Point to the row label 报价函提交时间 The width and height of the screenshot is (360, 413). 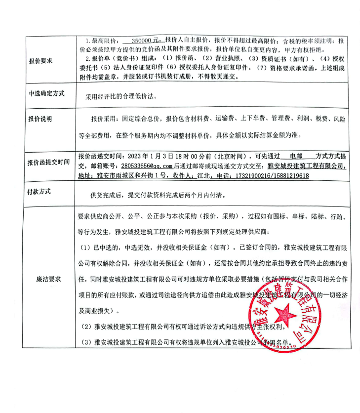49,162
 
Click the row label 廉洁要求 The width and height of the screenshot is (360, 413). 49,279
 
